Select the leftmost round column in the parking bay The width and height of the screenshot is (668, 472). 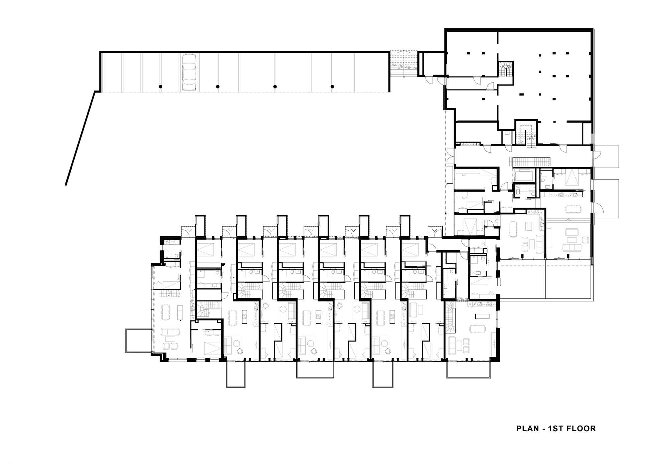(160, 87)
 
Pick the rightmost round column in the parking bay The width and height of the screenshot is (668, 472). (332, 87)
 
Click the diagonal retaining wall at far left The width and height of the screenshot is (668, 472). (80, 139)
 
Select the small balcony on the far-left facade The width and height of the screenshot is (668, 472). (138, 340)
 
